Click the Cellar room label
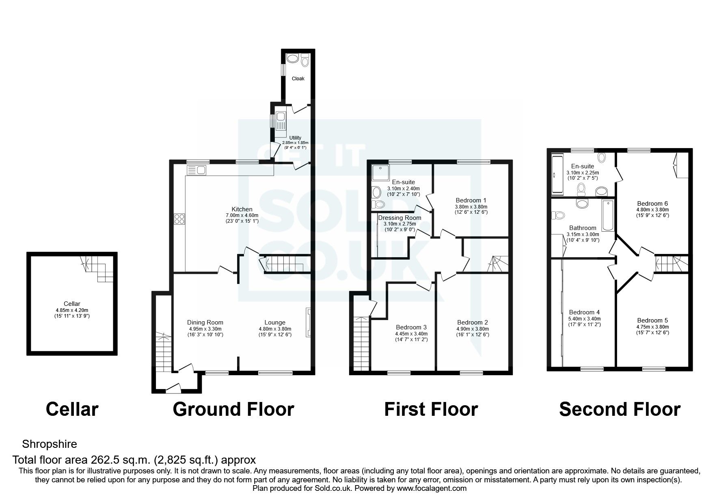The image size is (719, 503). (72, 303)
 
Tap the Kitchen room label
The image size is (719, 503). (242, 209)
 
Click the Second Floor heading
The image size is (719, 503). (620, 409)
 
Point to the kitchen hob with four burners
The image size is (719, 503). (179, 219)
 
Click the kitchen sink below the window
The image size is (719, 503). (196, 170)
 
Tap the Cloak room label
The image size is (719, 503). (298, 78)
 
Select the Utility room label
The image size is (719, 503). (295, 138)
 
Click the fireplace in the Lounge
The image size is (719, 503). (308, 322)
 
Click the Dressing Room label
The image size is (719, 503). (399, 218)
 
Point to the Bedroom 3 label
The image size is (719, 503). (411, 327)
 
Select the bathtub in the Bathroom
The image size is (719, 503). (608, 215)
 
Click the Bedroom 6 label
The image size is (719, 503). (652, 204)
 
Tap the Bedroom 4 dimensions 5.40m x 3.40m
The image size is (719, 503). (584, 319)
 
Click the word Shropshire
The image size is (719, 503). (49, 444)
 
